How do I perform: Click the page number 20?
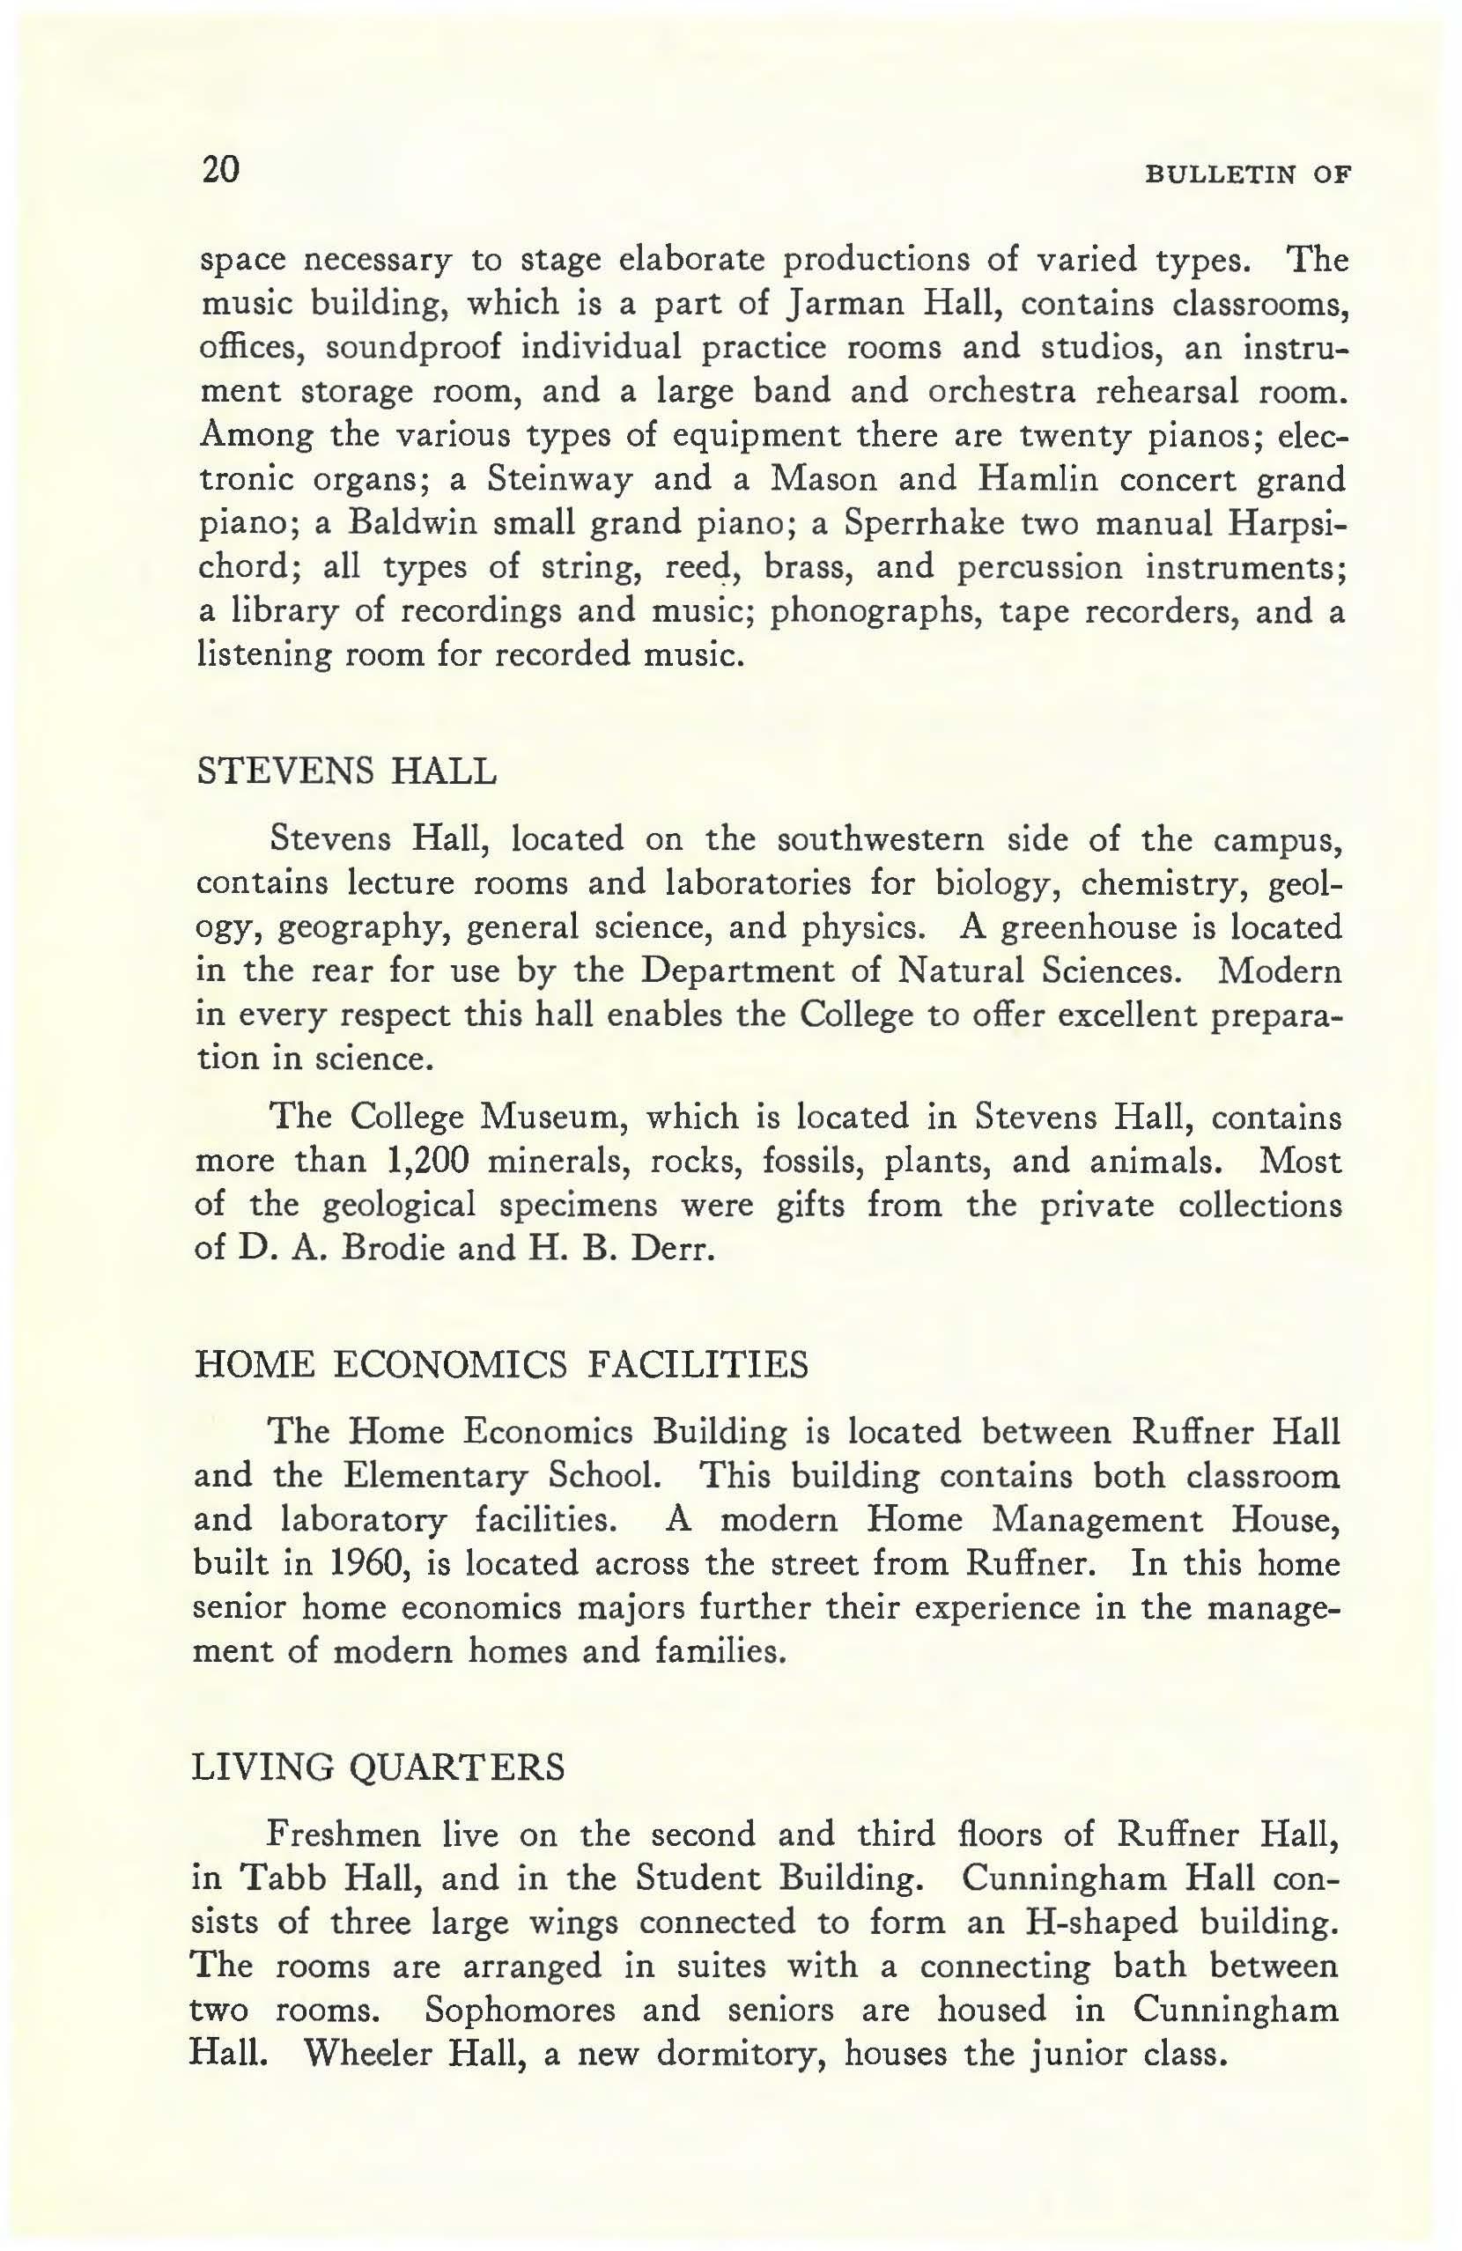point(221,171)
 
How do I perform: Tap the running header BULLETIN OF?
point(1247,175)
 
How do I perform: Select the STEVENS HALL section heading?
point(345,771)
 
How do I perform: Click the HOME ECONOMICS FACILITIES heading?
point(501,1366)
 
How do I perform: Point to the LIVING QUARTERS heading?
point(378,1767)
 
